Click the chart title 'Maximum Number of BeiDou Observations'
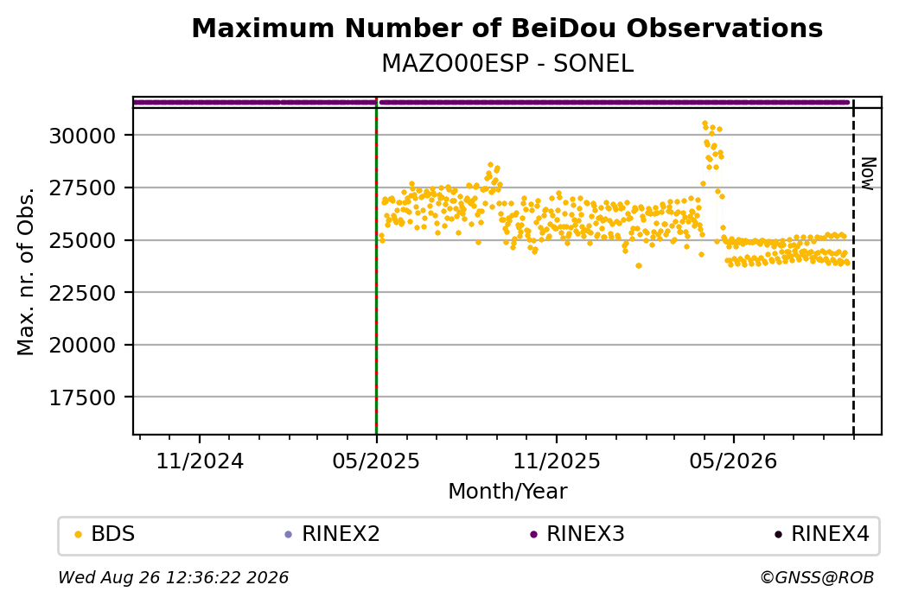[x=507, y=28]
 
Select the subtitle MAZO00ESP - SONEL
[x=507, y=64]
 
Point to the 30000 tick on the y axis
[x=83, y=136]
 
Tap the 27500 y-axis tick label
[x=83, y=188]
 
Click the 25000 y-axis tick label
[x=83, y=241]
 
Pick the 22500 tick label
[x=83, y=293]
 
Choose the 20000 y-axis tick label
[x=83, y=346]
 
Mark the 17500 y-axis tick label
[x=83, y=397]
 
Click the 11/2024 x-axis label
[x=200, y=461]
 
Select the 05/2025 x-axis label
[x=376, y=461]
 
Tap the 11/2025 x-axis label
[x=557, y=461]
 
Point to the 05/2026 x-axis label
[x=733, y=461]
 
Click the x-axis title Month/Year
[x=507, y=491]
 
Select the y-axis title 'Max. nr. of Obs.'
[x=26, y=271]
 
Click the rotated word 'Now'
[x=869, y=174]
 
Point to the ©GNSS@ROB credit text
[x=817, y=577]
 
